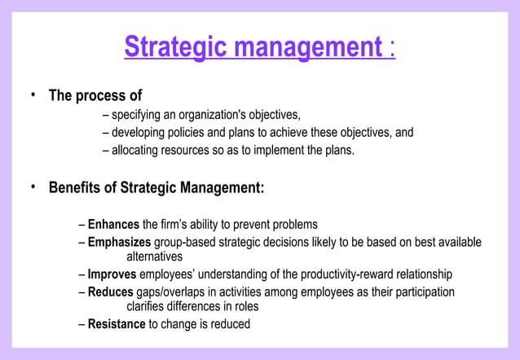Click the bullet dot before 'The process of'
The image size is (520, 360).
pos(33,94)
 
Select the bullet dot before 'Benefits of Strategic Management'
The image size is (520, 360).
pos(33,187)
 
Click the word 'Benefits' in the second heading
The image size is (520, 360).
pos(82,188)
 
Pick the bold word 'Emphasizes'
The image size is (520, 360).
pos(119,242)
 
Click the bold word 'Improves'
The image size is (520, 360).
pos(112,274)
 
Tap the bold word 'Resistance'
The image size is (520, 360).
pos(116,324)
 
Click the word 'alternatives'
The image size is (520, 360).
pos(154,257)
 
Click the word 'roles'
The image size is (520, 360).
pos(245,306)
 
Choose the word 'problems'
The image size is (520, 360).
pos(293,224)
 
